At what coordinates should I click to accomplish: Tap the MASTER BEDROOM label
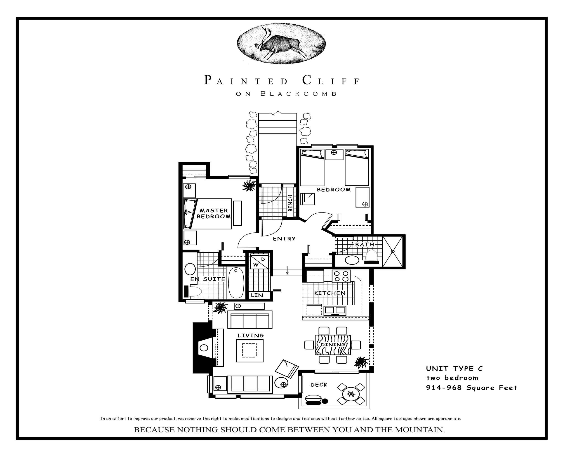(x=214, y=213)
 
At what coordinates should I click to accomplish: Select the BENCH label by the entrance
(x=290, y=203)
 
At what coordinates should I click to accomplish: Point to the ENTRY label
(x=284, y=238)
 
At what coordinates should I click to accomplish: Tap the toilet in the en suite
(x=193, y=292)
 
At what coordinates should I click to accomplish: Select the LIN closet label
(x=257, y=295)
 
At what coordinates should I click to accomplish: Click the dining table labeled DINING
(x=333, y=345)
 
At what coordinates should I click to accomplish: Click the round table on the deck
(x=351, y=394)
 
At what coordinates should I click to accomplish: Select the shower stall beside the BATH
(x=393, y=251)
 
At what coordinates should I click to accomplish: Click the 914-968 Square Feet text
(x=471, y=388)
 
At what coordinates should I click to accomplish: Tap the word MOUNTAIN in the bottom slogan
(x=419, y=430)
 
